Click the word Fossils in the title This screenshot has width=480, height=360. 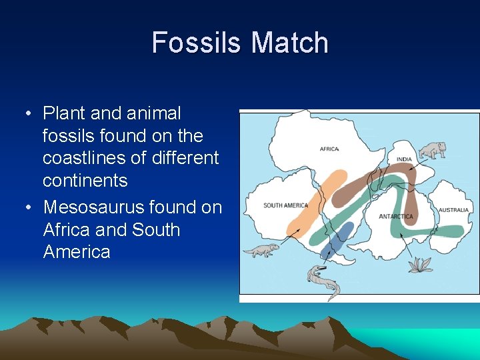click(197, 43)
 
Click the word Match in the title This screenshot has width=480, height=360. click(290, 43)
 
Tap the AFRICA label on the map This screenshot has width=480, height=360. click(329, 149)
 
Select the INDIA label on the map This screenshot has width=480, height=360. click(404, 160)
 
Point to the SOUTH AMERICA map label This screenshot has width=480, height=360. click(285, 205)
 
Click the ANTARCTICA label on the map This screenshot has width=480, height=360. click(396, 217)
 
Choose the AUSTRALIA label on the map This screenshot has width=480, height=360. click(453, 210)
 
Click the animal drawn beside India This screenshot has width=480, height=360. click(434, 150)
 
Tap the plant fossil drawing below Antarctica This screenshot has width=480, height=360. click(420, 265)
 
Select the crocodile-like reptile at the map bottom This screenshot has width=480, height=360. click(323, 280)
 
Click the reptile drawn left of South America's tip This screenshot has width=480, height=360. click(260, 251)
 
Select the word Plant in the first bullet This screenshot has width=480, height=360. click(64, 113)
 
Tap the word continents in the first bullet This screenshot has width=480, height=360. click(85, 181)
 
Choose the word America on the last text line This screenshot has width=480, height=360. click(77, 252)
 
